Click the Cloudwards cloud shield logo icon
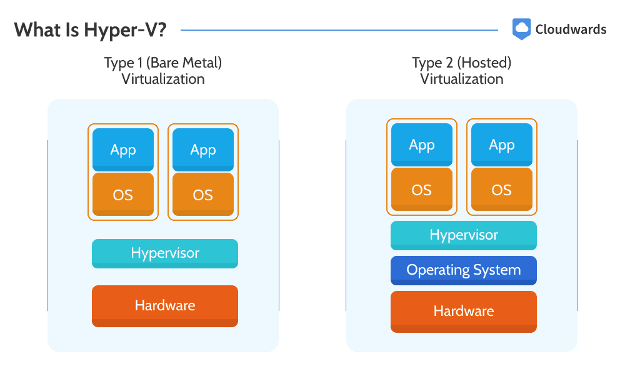click(521, 29)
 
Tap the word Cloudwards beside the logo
click(571, 29)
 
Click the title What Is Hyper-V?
click(90, 30)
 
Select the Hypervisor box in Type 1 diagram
click(165, 253)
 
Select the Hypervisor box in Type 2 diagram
click(464, 235)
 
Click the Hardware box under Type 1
click(165, 306)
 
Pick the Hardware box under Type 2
click(464, 312)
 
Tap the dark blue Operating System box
click(464, 271)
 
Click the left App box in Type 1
click(123, 150)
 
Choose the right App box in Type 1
click(203, 150)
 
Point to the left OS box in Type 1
click(123, 195)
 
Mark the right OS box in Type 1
click(203, 195)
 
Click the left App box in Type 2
click(422, 145)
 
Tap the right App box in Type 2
click(502, 145)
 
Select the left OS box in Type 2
click(422, 189)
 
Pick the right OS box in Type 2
click(502, 189)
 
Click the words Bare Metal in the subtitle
click(184, 63)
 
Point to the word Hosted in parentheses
click(484, 63)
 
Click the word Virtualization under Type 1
click(163, 79)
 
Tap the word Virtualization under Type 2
click(462, 79)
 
